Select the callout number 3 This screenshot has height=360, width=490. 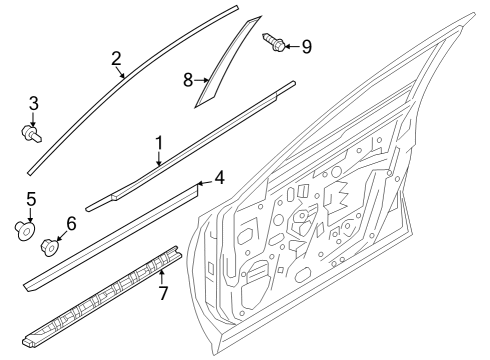point(33,103)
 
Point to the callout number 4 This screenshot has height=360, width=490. point(219,178)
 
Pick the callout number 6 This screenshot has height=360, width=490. point(70,224)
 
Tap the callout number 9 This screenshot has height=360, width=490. point(306,45)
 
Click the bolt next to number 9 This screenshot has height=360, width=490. point(273,42)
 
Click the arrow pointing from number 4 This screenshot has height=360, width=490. point(204,182)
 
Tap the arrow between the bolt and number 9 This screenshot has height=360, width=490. point(292,45)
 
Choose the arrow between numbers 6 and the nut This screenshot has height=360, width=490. point(59,235)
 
